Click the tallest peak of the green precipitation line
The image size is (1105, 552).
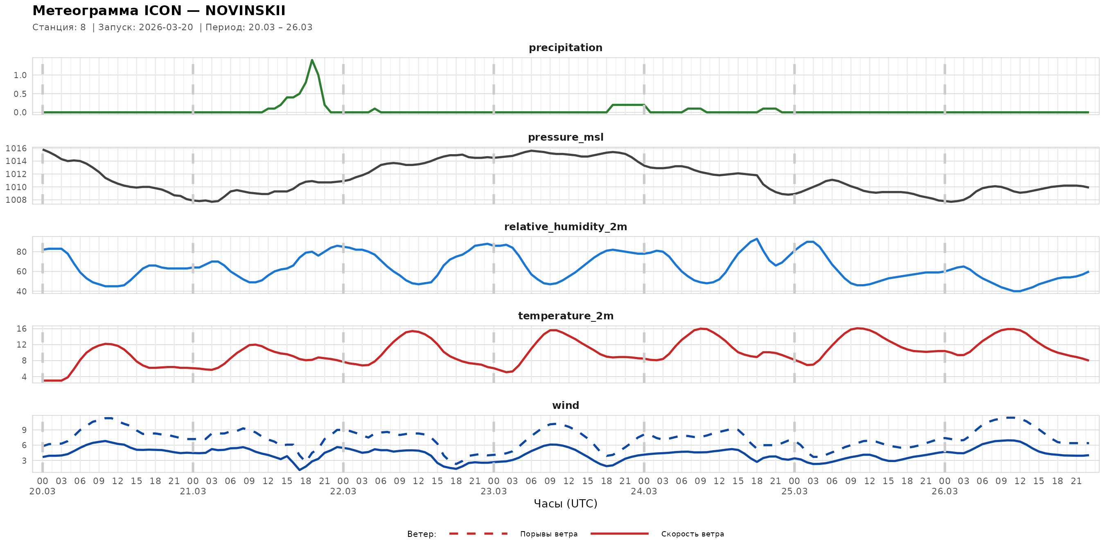coord(312,60)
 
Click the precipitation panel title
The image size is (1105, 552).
coord(565,47)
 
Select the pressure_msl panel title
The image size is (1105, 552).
coord(565,137)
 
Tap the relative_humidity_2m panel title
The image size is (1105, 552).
coord(565,227)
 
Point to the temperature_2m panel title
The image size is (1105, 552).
coord(565,316)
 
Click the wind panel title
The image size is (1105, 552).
coord(565,406)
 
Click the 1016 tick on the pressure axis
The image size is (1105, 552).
coord(16,148)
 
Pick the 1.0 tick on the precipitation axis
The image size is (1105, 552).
coord(20,75)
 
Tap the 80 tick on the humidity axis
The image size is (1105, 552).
coord(21,251)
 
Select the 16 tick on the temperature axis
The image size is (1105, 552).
coord(21,329)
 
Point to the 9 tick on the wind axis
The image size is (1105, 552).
coord(24,430)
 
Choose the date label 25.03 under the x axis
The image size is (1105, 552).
coord(794,491)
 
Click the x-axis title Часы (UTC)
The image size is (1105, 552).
coord(565,504)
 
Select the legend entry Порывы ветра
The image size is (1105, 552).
coord(549,534)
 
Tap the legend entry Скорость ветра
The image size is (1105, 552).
coord(692,534)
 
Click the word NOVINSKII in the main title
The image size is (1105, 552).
coord(246,11)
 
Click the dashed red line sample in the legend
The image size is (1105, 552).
coord(478,534)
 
